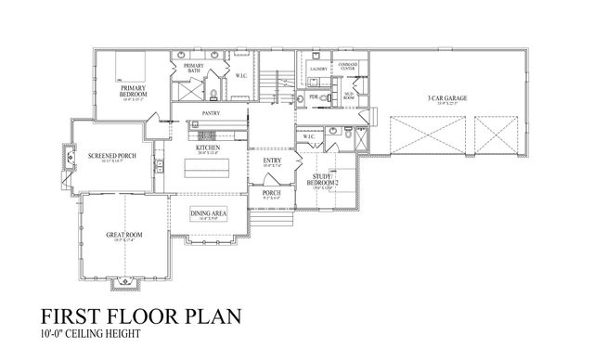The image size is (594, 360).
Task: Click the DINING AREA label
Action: click(x=207, y=214)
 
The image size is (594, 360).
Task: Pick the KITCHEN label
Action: click(x=207, y=148)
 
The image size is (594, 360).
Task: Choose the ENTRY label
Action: click(x=272, y=161)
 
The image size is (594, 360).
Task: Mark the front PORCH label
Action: click(x=270, y=193)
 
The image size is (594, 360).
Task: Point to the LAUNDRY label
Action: click(x=316, y=70)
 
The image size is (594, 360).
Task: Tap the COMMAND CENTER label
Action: click(x=349, y=66)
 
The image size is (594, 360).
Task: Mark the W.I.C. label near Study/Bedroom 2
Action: click(x=309, y=138)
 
